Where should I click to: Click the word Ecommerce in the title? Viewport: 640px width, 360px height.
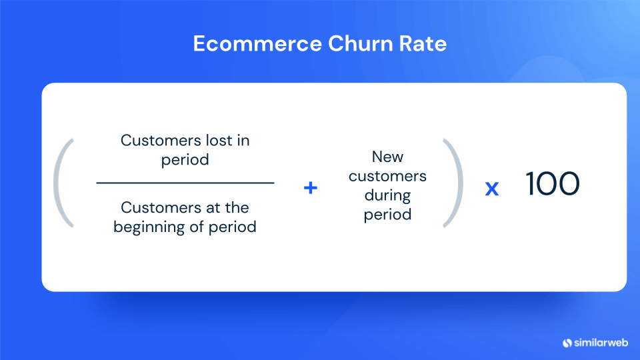[x=257, y=44]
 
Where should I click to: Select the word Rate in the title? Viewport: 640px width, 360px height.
[x=423, y=44]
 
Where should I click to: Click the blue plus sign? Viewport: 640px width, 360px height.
[x=311, y=188]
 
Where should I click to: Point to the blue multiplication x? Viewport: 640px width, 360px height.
[x=492, y=188]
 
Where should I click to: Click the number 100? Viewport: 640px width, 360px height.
[x=552, y=184]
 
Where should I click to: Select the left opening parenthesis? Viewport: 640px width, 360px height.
[x=63, y=183]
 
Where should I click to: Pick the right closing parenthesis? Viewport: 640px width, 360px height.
[x=453, y=183]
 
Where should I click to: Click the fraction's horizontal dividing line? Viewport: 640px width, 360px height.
[x=185, y=183]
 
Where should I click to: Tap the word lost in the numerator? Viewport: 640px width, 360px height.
[x=219, y=141]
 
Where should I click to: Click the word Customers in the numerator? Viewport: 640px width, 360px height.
[x=161, y=141]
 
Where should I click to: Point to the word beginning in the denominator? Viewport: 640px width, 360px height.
[x=149, y=227]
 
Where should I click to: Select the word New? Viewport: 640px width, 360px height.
[x=388, y=157]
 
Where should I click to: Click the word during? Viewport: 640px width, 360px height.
[x=388, y=195]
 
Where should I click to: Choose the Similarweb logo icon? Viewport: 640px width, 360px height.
[x=567, y=343]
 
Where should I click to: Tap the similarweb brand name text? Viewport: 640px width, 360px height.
[x=601, y=343]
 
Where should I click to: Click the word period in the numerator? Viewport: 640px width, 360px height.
[x=185, y=160]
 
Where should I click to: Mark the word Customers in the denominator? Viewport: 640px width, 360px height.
[x=161, y=208]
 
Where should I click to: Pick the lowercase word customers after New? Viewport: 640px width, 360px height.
[x=388, y=176]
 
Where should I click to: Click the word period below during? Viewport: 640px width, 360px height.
[x=388, y=215]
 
